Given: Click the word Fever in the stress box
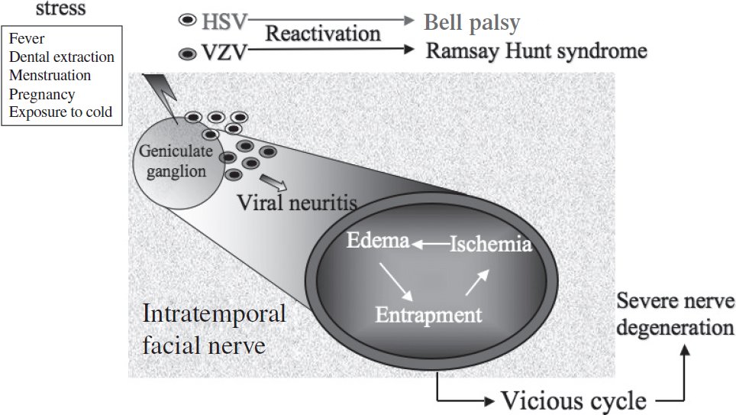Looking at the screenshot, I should click(27, 39).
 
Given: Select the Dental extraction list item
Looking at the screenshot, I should click(61, 57).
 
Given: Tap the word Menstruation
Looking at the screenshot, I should click(50, 76).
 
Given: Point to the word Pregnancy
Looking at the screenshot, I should click(41, 94).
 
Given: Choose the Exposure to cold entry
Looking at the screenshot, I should click(60, 112).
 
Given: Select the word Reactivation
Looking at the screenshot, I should click(322, 34).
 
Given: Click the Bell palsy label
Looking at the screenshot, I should click(472, 21).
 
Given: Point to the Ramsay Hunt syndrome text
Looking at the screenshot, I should click(536, 52).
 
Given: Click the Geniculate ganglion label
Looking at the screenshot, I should click(173, 161).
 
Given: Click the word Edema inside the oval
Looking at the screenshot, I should click(377, 242).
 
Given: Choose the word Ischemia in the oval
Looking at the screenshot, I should click(490, 245).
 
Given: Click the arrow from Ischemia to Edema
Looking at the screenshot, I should click(431, 244).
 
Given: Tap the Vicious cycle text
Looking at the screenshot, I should click(574, 400).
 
